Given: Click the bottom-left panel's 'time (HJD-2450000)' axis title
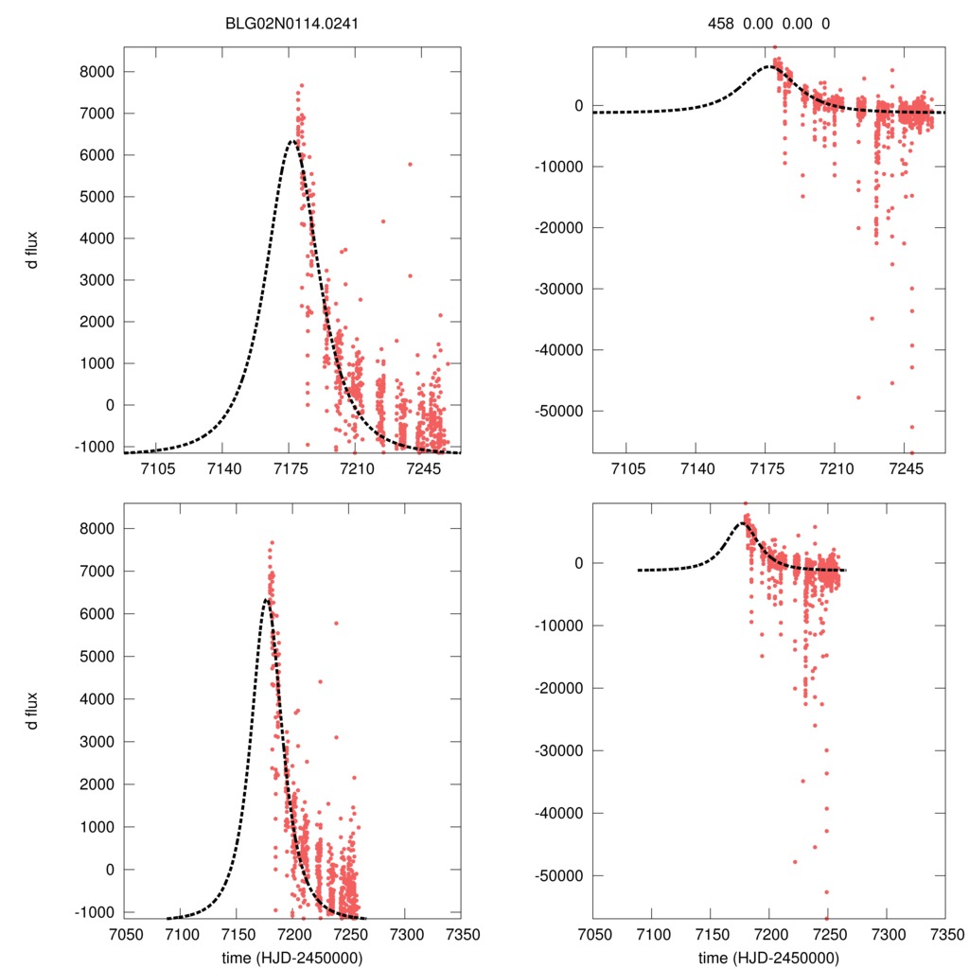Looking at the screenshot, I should (x=292, y=958).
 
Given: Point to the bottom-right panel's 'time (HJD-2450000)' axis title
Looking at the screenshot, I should (x=768, y=958).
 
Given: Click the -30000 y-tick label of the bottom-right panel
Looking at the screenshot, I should (x=560, y=750).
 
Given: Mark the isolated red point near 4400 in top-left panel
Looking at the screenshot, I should (x=383, y=221).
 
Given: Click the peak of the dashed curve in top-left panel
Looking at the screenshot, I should (x=292, y=141).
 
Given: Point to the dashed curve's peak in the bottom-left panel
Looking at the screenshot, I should (x=267, y=599).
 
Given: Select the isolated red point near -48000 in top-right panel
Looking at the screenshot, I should (x=858, y=397).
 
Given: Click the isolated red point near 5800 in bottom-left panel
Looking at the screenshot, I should (x=336, y=623).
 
